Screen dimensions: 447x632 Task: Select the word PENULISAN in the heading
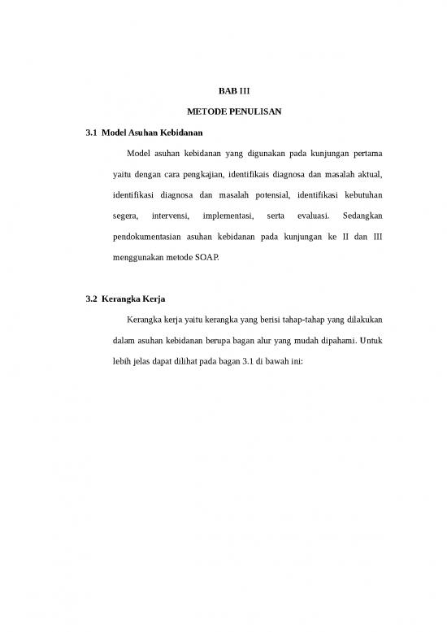pyautogui.click(x=253, y=111)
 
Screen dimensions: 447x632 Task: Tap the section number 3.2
pyautogui.click(x=90, y=301)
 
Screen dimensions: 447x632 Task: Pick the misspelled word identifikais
pyautogui.click(x=263, y=174)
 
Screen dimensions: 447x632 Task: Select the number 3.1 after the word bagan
pyautogui.click(x=249, y=364)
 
